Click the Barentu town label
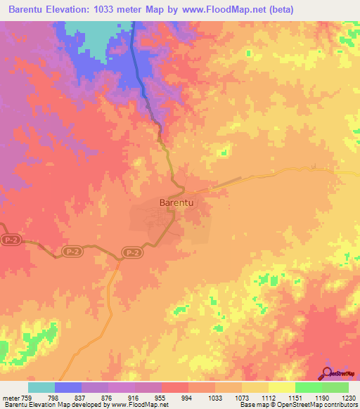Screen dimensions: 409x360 tap(177, 202)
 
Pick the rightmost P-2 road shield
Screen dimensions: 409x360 tap(131, 252)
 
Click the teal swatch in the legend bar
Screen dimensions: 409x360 tap(41, 387)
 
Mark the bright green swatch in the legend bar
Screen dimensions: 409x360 tap(309, 387)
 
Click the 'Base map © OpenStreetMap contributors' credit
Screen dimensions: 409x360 tap(298, 405)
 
